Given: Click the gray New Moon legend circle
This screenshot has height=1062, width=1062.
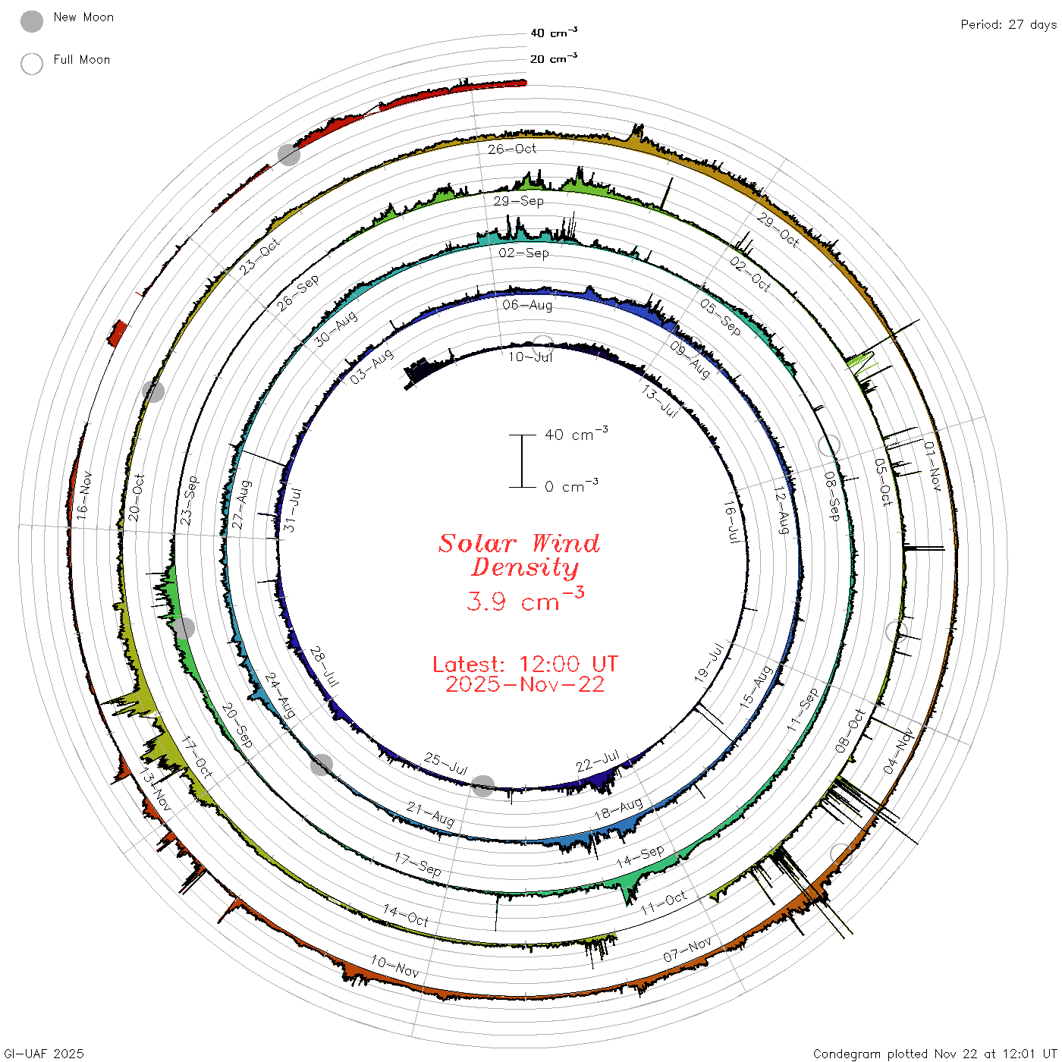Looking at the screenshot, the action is pos(31,21).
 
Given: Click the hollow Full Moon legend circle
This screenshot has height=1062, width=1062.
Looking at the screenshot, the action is pos(31,64).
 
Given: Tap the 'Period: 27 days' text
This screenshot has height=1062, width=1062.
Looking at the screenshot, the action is pos(1009,25).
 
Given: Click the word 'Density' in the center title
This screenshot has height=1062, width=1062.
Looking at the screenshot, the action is pos(525,567).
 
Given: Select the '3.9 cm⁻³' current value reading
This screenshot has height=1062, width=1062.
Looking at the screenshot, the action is pos(525,599).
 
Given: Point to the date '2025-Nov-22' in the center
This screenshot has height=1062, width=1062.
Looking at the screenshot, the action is pos(525,684).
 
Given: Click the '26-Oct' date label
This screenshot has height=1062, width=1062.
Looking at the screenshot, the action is pos(512,149).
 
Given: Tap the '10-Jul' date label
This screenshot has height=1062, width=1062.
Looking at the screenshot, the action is pos(530,357).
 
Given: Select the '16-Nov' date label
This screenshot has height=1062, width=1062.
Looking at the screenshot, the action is pos(83,495).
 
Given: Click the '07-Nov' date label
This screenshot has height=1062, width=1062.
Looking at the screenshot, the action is pos(687,949).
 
